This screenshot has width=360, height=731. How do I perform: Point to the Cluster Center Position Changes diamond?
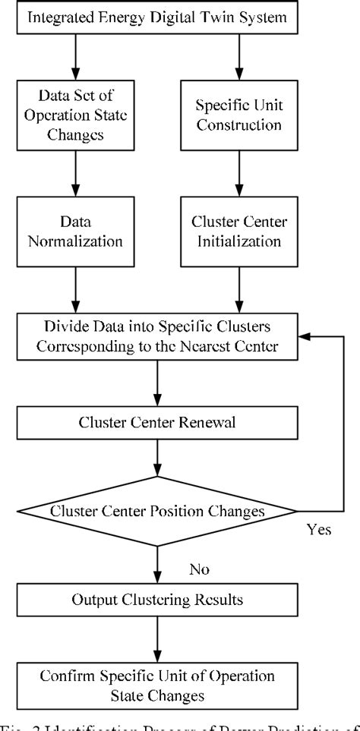(x=156, y=511)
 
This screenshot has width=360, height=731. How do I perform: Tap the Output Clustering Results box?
(x=156, y=600)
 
